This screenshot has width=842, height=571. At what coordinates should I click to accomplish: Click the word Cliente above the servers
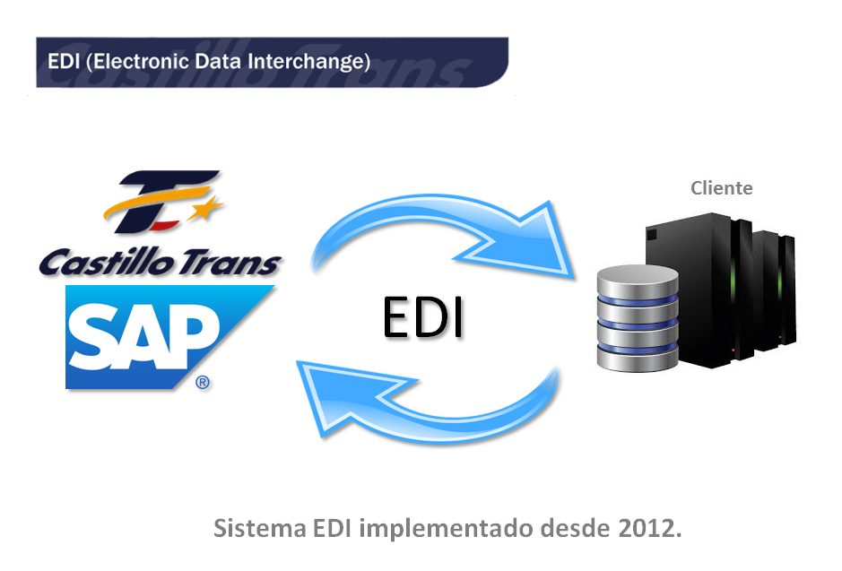721,188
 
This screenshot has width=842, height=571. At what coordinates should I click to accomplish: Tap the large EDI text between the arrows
423,317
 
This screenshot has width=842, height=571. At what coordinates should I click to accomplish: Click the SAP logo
169,337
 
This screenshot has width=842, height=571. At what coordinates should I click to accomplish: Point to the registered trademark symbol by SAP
203,382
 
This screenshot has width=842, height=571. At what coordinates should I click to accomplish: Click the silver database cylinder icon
638,318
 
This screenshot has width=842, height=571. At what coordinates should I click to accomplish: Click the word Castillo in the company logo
107,262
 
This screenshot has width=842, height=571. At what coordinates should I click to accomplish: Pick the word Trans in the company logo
230,263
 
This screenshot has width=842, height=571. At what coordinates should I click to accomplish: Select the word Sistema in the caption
260,528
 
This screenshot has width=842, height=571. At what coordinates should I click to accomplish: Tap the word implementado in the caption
447,529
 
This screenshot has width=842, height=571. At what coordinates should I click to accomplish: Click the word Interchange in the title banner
306,62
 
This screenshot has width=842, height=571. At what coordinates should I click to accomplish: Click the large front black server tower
699,290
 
